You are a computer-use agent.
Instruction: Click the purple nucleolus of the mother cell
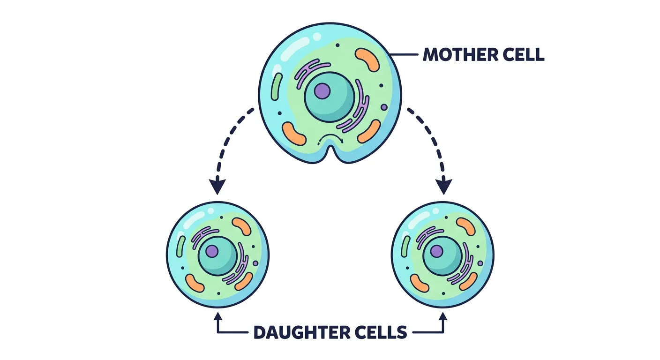(x=322, y=90)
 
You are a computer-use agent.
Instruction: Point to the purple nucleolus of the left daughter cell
(x=212, y=252)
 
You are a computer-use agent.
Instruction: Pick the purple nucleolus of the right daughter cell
(x=436, y=252)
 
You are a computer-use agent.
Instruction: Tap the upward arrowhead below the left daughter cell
(x=217, y=317)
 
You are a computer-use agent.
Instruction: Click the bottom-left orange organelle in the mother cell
(x=294, y=134)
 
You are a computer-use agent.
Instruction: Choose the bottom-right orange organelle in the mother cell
(x=369, y=131)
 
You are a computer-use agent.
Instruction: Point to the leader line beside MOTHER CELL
(x=404, y=55)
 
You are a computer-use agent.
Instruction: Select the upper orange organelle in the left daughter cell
(x=242, y=226)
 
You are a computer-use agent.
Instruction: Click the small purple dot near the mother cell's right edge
(x=384, y=107)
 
